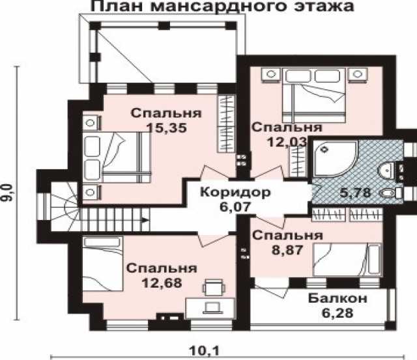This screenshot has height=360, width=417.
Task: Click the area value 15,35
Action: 167,128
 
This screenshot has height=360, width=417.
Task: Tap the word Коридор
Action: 235,192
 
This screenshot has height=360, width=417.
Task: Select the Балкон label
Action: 338,299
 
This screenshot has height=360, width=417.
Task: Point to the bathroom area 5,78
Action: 355,192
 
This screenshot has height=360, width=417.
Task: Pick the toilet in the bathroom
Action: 390,193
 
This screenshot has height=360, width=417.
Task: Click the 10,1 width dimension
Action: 204,351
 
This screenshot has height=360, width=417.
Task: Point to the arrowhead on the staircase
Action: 145,220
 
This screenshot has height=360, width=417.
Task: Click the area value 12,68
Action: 162,283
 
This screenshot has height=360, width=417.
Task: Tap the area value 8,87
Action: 287,250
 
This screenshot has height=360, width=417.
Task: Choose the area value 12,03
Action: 287,142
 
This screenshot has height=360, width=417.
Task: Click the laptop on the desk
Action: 212,308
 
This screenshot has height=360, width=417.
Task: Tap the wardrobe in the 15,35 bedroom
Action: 226,123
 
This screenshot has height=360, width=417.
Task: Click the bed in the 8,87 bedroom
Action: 347,260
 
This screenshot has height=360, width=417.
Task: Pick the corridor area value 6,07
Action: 235,206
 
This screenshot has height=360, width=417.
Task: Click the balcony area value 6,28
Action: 338,313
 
